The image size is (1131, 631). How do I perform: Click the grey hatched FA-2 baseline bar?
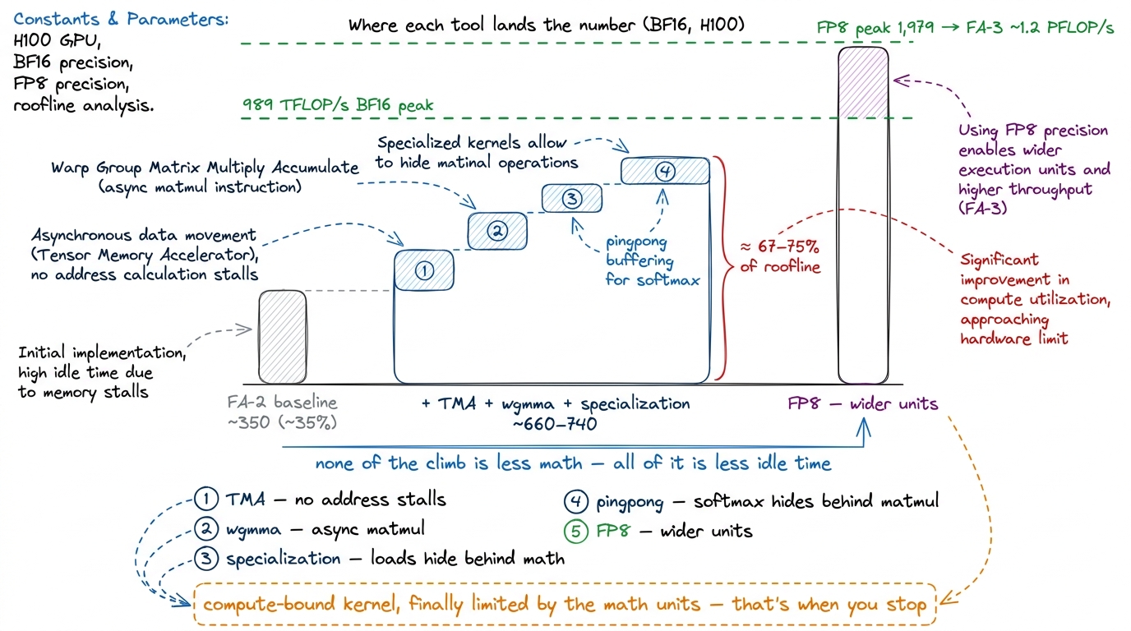[x=282, y=337]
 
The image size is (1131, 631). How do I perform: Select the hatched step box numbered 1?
[x=424, y=270]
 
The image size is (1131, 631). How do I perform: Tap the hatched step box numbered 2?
[x=497, y=231]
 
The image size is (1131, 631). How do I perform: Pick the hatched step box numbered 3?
[x=571, y=198]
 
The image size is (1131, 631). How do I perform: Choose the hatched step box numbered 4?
[x=665, y=171]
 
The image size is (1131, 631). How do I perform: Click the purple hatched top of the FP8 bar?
[x=863, y=83]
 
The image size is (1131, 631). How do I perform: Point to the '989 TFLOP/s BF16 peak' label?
[x=338, y=104]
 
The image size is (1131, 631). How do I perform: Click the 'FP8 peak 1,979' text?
[x=875, y=27]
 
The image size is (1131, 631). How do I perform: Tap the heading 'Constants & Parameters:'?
[x=121, y=19]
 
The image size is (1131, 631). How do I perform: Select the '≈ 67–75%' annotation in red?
[x=779, y=246]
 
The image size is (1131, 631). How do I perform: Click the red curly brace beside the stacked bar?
[x=725, y=268]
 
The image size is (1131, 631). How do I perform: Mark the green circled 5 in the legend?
[x=575, y=531]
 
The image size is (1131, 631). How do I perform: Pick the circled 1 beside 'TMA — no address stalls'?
[x=206, y=499]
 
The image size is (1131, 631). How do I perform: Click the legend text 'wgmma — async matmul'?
[x=325, y=529]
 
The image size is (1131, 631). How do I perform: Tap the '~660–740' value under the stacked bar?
[x=555, y=424]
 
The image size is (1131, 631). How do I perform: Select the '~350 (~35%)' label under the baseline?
[x=282, y=422]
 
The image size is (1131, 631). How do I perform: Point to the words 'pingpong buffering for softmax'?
[x=653, y=260]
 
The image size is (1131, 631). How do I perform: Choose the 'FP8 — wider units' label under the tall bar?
[x=863, y=404]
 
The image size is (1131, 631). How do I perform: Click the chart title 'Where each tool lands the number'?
[x=492, y=25]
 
